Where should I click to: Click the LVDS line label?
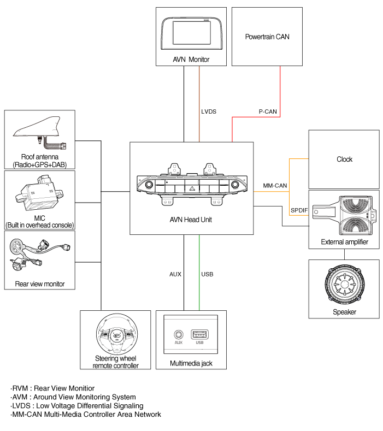click(209, 111)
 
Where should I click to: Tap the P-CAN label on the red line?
click(268, 111)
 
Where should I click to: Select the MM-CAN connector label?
click(275, 186)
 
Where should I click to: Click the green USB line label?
click(207, 274)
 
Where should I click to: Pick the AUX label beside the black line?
click(175, 274)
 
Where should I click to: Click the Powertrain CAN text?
click(267, 37)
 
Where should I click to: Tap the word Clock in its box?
click(344, 160)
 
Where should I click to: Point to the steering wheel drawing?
click(117, 334)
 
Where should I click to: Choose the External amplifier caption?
click(344, 241)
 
